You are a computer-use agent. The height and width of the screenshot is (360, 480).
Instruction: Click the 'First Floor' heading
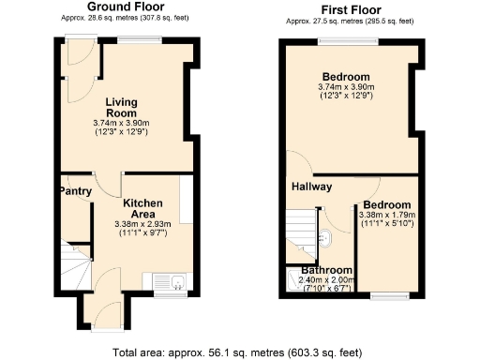click(x=347, y=8)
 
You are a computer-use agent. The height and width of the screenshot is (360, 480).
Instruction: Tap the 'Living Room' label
click(x=122, y=108)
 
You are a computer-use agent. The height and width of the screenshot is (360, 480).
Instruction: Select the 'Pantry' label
click(x=75, y=191)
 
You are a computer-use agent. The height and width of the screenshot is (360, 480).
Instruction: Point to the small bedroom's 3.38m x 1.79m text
click(x=386, y=216)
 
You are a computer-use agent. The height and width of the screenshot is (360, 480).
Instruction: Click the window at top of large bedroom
click(x=347, y=40)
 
